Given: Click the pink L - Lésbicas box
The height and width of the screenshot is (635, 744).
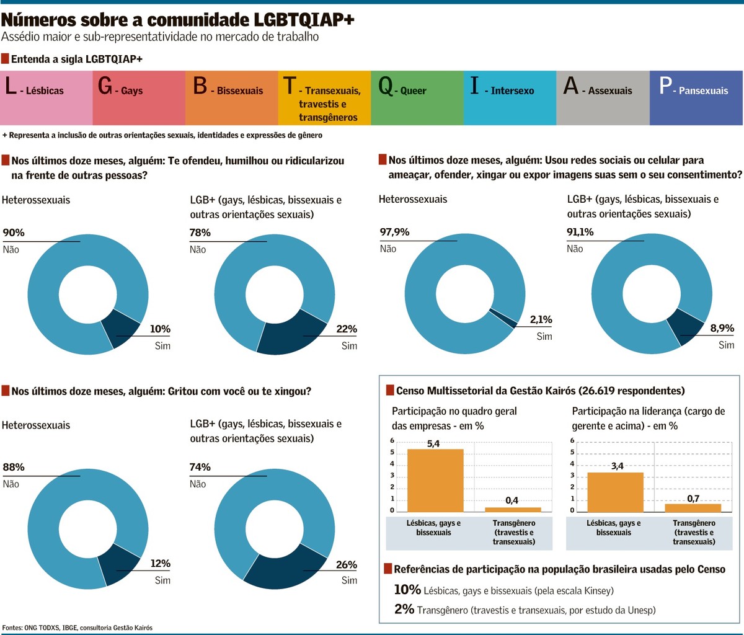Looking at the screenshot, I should pos(46,97).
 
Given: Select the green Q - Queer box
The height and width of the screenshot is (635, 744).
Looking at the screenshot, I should pos(417,97).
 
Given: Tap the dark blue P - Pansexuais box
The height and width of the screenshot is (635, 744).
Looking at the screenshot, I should pos(696,97).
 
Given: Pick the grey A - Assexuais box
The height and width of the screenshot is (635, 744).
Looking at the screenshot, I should pos(603,97).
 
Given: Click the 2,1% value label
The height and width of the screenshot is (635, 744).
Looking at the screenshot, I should pos(540,320).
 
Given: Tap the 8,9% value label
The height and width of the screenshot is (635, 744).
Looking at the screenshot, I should pos(722,329).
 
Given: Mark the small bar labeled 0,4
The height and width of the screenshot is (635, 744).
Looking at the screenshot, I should pos(512,509).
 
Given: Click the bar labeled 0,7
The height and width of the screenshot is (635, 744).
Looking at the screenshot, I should pos(693,507).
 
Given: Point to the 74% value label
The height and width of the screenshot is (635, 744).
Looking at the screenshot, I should pos(200,467).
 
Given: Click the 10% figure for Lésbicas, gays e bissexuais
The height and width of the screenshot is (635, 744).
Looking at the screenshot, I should pos(407,590).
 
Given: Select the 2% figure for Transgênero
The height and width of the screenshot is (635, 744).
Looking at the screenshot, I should pos(404,609).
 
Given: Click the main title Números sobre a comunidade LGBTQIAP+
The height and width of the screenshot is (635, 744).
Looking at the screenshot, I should pos(178,19).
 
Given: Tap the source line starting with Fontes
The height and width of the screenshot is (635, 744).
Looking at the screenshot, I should pos(77,628).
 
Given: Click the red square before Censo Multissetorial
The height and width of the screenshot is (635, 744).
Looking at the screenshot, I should pos(389,390).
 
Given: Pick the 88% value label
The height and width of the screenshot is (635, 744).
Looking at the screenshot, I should pos(14,467).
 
